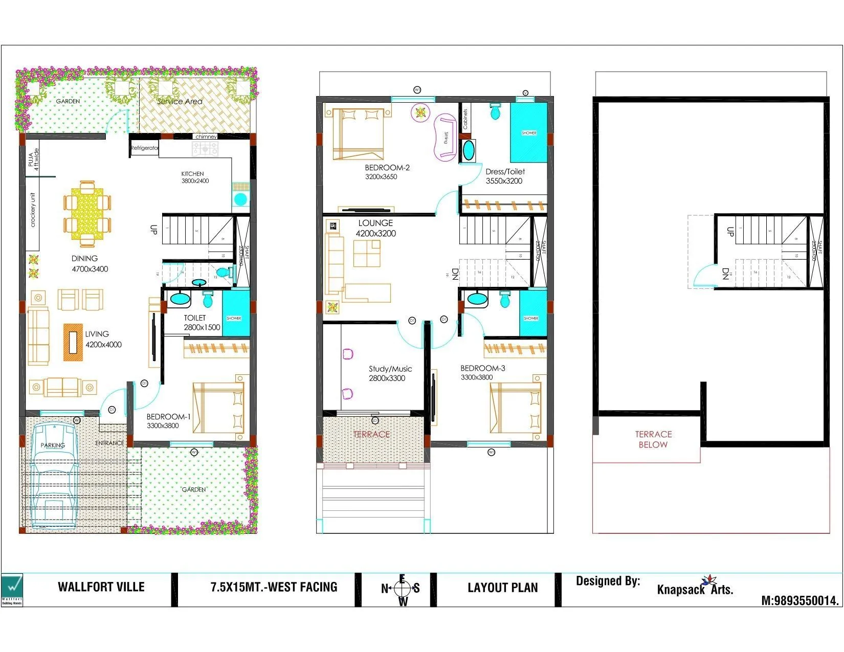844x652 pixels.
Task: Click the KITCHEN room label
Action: [x=192, y=174]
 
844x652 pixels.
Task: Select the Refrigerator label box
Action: [x=144, y=148]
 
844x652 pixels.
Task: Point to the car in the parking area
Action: [x=53, y=476]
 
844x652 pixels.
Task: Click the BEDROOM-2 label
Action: [x=387, y=168]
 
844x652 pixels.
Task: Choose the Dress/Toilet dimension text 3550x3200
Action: [x=504, y=181]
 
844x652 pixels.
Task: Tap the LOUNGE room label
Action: [x=375, y=223]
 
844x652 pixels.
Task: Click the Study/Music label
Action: [x=390, y=369]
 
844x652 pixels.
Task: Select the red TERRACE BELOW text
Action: [x=653, y=439]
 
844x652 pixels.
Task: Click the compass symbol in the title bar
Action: [x=402, y=589]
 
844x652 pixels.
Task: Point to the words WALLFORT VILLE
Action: [x=101, y=587]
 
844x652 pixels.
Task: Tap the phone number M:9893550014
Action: [x=799, y=601]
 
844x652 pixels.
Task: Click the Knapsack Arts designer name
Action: [x=695, y=589]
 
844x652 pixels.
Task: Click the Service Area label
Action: [x=180, y=101]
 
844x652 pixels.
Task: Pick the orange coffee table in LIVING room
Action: [x=73, y=342]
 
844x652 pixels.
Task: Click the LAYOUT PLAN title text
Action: [x=502, y=588]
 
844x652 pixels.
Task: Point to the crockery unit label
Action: [x=33, y=210]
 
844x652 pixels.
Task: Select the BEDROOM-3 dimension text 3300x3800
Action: [x=477, y=377]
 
